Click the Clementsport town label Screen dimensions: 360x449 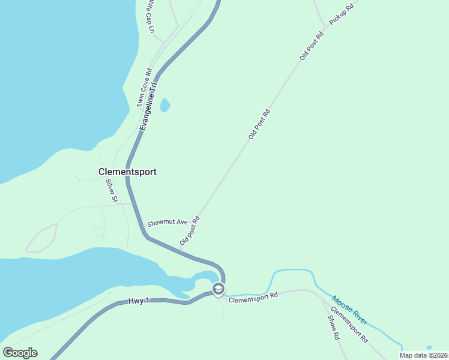click(x=127, y=172)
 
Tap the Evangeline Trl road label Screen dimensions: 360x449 click(x=148, y=106)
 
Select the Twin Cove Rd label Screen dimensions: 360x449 click(x=144, y=88)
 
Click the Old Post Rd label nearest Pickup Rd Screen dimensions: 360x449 click(x=312, y=45)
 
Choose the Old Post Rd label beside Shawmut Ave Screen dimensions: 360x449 click(x=189, y=231)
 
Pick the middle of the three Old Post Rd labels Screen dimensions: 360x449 click(x=259, y=125)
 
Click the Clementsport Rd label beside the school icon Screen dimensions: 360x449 click(x=253, y=296)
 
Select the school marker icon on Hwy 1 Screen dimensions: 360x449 click(x=218, y=289)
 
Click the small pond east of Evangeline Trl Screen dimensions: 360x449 click(x=164, y=106)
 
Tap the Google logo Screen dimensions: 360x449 click(x=20, y=353)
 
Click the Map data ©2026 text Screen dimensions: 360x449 click(x=424, y=355)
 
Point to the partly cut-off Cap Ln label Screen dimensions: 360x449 click(x=150, y=17)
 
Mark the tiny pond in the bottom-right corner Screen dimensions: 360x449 click(x=429, y=347)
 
